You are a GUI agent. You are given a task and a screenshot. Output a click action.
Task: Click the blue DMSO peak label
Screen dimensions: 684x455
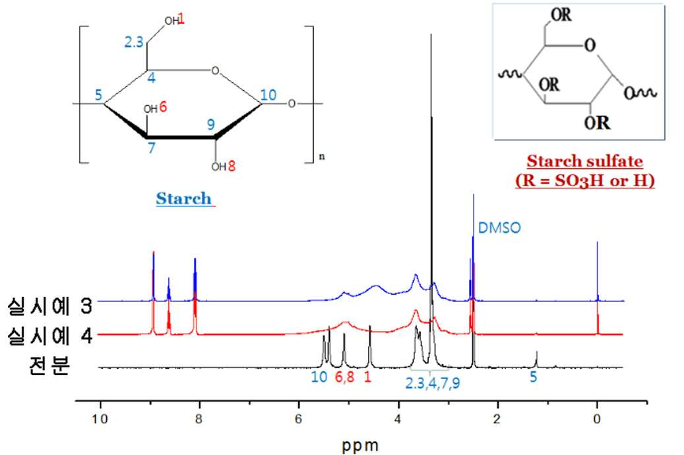point(499,228)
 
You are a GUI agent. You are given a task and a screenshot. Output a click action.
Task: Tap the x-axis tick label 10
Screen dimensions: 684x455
point(100,419)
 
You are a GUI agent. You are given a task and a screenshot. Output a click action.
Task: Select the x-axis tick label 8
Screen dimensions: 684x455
point(199,419)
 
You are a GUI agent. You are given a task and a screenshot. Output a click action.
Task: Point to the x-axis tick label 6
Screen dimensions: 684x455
point(298,419)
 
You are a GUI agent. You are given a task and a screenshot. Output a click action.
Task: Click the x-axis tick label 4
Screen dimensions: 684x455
point(398,419)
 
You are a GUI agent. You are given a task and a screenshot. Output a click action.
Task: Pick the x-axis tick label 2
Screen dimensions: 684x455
point(497,419)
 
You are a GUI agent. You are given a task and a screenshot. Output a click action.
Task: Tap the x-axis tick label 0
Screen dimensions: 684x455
point(597,419)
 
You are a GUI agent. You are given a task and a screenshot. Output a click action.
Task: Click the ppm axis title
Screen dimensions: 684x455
point(360,446)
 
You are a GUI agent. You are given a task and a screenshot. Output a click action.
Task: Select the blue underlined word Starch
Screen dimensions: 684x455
point(183,198)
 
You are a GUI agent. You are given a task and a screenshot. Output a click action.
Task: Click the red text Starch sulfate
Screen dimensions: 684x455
point(584,161)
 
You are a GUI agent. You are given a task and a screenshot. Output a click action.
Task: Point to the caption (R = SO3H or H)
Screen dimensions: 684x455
point(584,180)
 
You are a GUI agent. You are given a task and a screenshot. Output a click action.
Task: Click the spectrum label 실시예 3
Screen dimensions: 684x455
point(49,305)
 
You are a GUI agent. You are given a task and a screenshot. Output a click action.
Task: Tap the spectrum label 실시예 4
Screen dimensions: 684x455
point(49,335)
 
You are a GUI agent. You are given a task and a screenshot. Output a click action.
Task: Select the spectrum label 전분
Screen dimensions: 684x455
point(49,365)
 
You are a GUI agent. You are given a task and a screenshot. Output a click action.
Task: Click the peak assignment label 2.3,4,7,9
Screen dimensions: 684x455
point(432,383)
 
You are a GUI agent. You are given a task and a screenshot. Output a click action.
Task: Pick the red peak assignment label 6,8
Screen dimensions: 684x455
point(344,377)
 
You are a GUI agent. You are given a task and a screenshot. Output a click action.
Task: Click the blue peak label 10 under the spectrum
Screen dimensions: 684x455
point(319,377)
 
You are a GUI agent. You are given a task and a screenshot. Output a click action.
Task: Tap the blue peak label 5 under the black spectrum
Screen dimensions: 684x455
point(533,377)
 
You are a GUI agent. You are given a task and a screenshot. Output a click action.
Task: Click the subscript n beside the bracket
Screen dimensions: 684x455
point(322,156)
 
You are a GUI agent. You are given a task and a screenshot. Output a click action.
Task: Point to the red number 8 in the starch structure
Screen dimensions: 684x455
point(232,166)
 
